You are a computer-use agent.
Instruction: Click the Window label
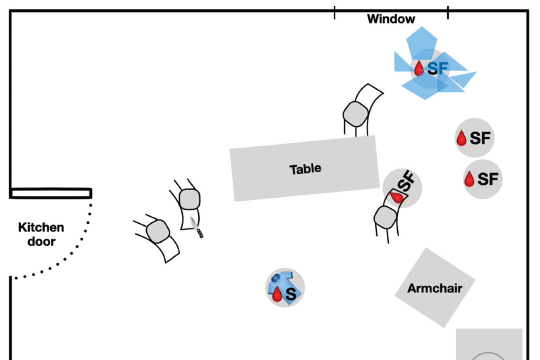tap(391, 19)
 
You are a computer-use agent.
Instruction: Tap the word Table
tap(305, 169)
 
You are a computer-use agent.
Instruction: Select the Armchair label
tap(435, 288)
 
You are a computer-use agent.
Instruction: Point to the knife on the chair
tap(197, 227)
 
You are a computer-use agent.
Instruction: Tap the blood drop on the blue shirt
tap(277, 294)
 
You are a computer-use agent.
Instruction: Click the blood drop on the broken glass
tap(419, 68)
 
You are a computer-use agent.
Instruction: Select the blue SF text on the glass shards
tap(438, 68)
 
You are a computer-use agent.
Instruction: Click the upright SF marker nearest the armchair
tap(483, 179)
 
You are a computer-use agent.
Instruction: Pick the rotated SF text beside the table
tap(407, 181)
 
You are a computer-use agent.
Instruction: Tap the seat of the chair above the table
tap(355, 114)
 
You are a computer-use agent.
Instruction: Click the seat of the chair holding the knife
tap(190, 199)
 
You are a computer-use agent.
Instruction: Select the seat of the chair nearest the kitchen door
tap(158, 231)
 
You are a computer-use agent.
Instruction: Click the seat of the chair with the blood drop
tap(385, 217)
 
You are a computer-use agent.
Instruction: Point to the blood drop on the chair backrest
tap(396, 197)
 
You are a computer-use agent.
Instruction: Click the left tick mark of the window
tap(335, 12)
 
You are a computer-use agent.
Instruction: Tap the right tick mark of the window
tap(448, 12)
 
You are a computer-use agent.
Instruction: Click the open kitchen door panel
tap(51, 193)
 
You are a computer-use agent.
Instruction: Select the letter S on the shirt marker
tap(291, 294)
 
